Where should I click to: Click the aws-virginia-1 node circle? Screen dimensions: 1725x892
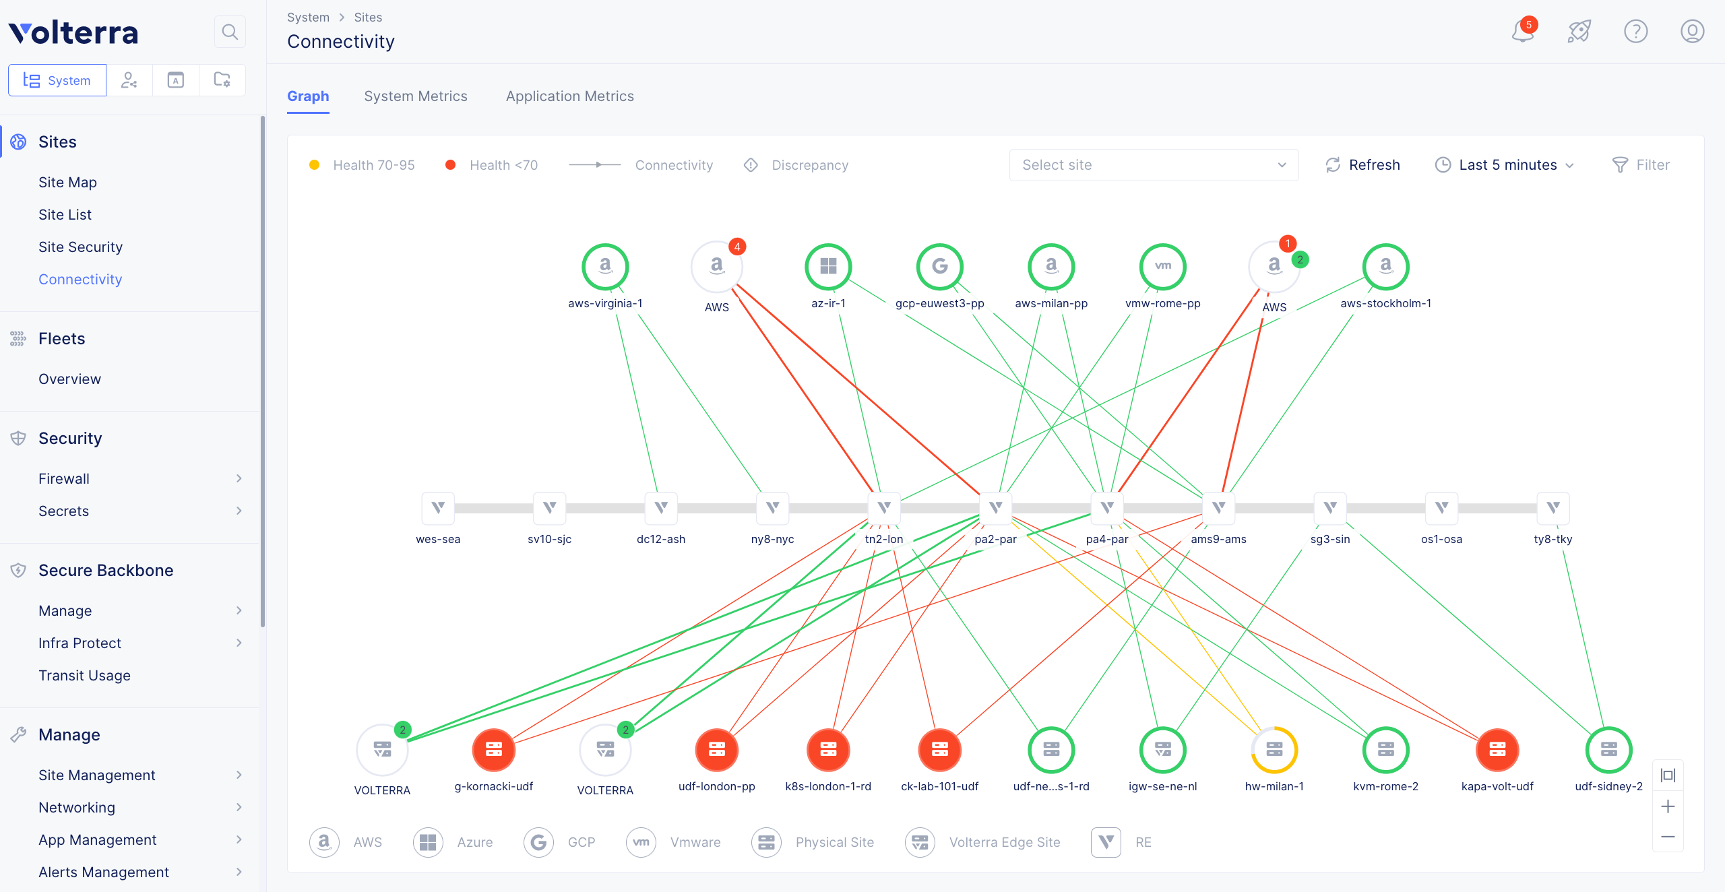point(605,267)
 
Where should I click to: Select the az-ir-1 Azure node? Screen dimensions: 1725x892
point(828,267)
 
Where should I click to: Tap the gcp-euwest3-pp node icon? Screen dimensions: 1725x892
point(939,267)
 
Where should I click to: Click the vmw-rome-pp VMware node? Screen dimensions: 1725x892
point(1162,267)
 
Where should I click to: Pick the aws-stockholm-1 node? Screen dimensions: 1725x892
point(1385,267)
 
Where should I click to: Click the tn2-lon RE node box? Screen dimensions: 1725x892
point(884,508)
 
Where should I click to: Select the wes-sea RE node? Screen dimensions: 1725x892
point(438,508)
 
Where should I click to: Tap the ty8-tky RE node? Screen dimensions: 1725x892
point(1553,508)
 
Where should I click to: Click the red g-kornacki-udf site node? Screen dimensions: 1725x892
point(494,750)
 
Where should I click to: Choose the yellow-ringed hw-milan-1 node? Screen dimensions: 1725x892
point(1274,750)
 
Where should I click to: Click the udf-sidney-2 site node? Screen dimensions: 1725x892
point(1609,750)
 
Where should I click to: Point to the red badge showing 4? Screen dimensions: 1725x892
point(737,247)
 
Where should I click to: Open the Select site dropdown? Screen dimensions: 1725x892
point(1154,165)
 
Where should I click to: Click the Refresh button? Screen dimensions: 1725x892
point(1362,165)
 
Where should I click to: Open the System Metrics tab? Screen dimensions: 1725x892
point(416,96)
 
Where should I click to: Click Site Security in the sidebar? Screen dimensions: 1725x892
point(81,247)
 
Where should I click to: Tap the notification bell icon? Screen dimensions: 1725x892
point(1522,31)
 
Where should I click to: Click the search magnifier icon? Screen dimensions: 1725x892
point(230,32)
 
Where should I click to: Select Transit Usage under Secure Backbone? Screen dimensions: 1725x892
point(85,676)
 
